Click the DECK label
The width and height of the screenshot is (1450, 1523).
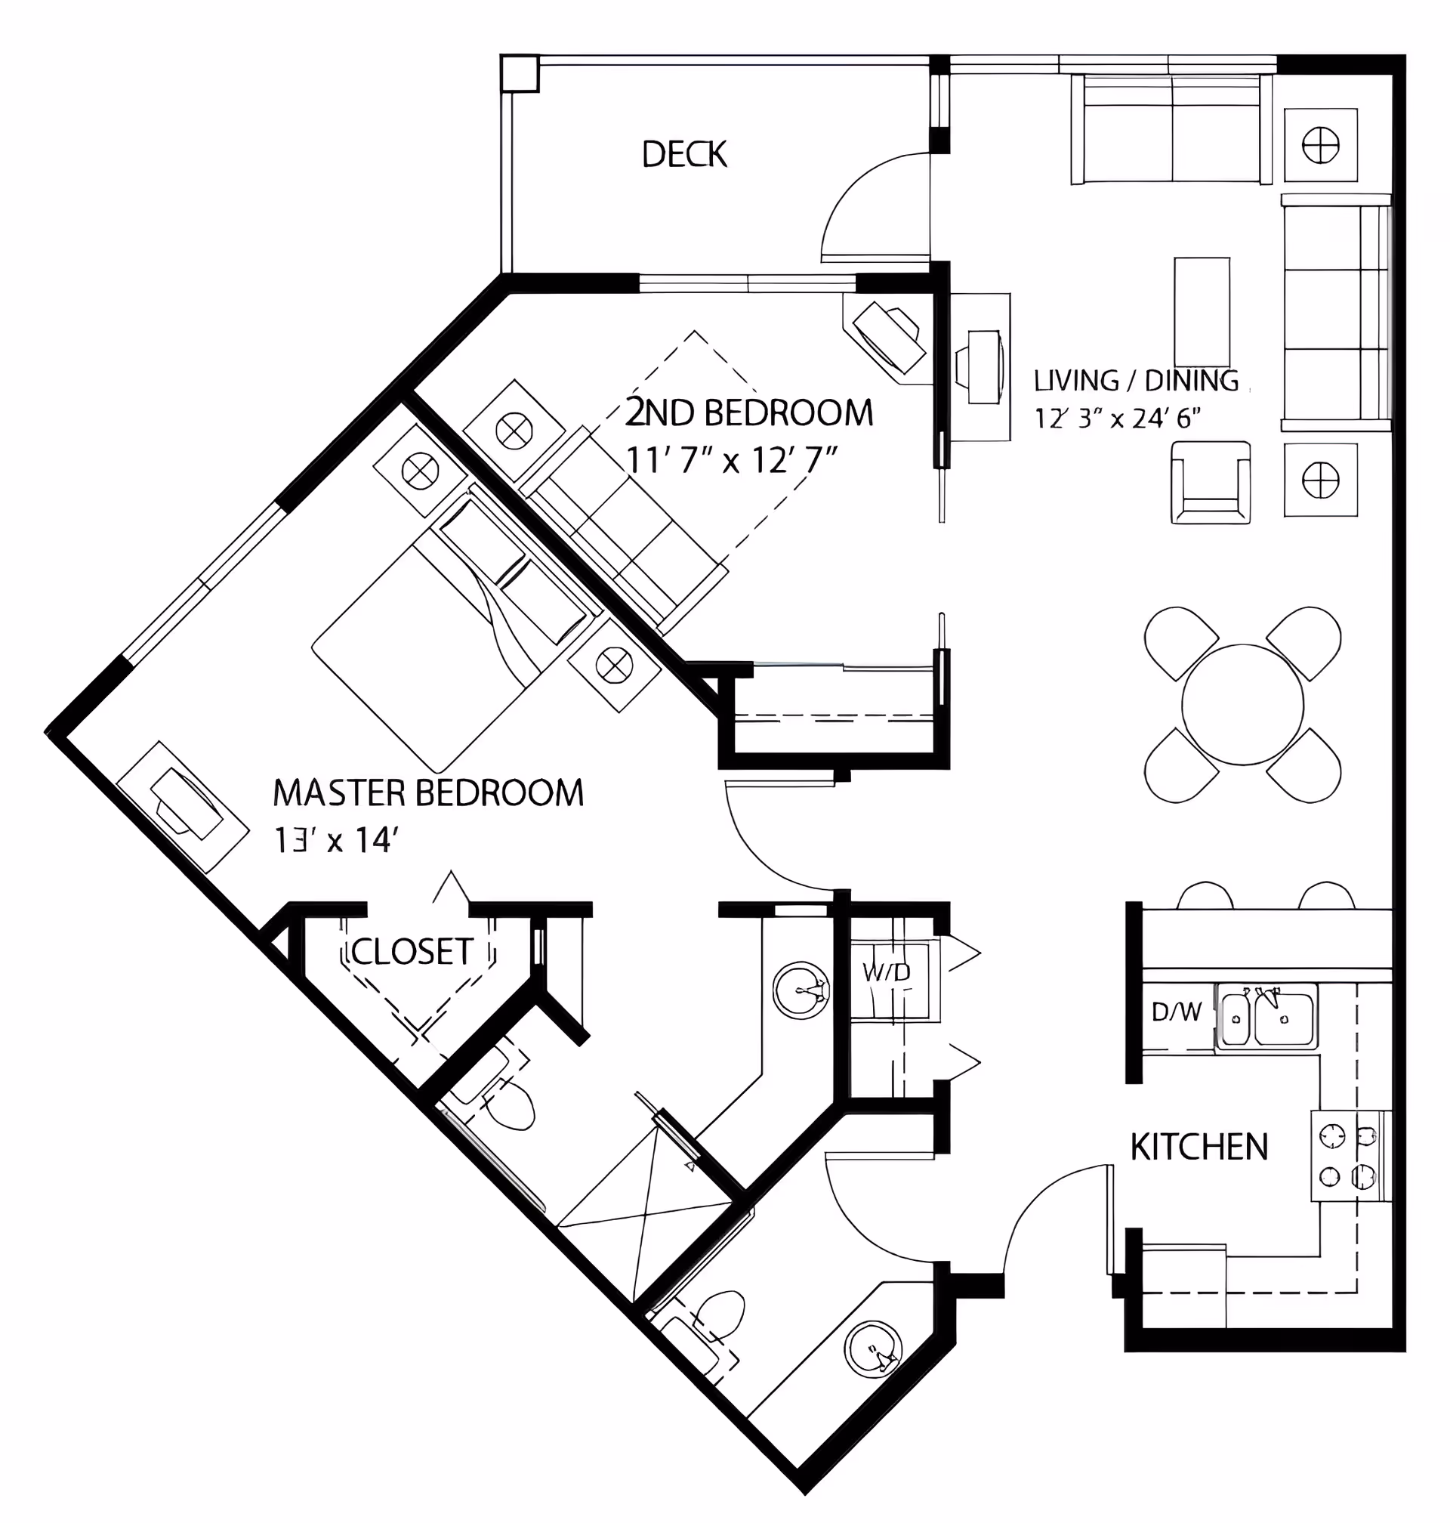[x=684, y=155]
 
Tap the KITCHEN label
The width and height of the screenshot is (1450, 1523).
[x=1199, y=1148]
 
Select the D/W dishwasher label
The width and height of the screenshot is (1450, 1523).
[x=1177, y=1012]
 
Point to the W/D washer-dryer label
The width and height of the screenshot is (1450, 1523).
[x=887, y=972]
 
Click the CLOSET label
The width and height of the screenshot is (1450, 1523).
[x=412, y=952]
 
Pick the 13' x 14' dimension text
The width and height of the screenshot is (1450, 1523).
[x=335, y=840]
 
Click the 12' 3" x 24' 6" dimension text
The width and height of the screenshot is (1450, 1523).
[x=1118, y=419]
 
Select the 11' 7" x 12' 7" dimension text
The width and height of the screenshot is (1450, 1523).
[x=731, y=460]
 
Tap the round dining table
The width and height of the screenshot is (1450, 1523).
[x=1242, y=704]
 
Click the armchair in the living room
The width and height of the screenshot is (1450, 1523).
[x=1211, y=483]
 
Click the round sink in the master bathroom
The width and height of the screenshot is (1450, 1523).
[x=801, y=991]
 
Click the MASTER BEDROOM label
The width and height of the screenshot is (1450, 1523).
[x=429, y=794]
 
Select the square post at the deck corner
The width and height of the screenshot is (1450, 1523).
[x=520, y=73]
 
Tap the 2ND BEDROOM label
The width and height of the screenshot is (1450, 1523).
[x=749, y=412]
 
